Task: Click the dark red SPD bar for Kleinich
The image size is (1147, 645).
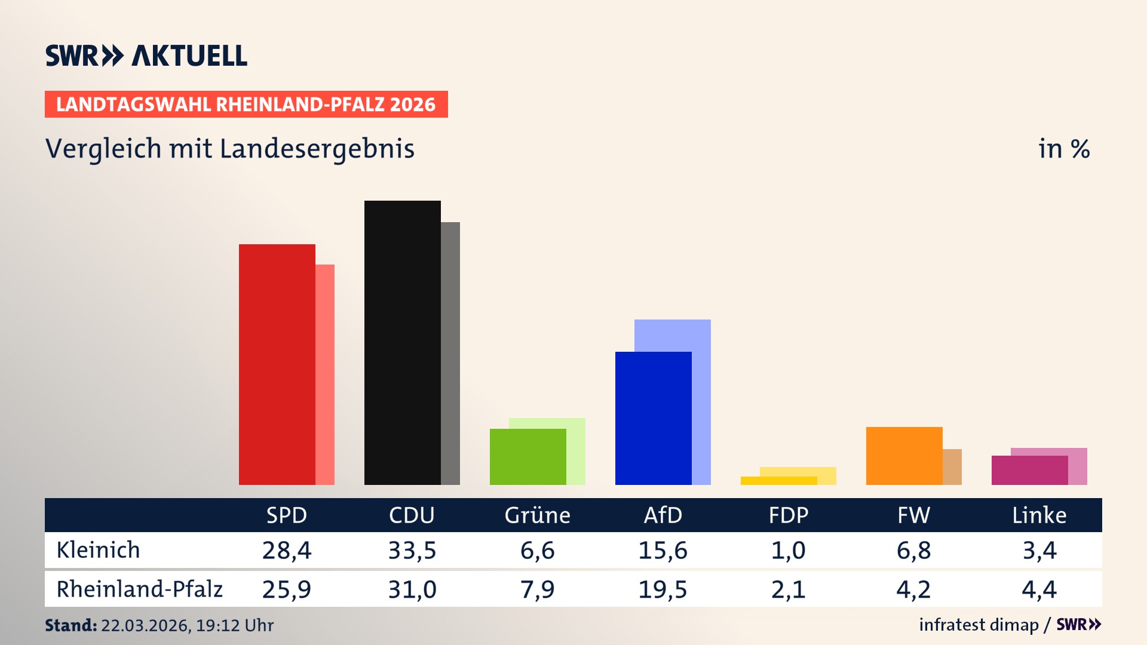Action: pos(277,364)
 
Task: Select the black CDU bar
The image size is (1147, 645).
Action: pos(403,343)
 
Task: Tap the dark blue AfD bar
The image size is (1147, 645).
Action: pos(654,418)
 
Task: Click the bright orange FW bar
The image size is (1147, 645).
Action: pos(904,456)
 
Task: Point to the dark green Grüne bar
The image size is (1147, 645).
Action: pos(528,457)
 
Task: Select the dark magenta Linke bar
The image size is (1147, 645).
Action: pos(1030,471)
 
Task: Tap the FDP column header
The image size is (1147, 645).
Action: pos(789,515)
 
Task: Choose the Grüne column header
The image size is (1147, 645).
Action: pos(538,515)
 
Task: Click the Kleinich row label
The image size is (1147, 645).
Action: pos(99,550)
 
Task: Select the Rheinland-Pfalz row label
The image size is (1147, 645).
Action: pos(140,589)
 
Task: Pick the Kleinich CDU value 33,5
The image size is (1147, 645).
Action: pos(412,550)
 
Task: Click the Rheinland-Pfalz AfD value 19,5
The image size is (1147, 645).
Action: pos(663,589)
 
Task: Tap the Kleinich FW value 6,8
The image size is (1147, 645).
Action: pos(914,550)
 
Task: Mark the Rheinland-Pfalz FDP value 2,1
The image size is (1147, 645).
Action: pos(789,589)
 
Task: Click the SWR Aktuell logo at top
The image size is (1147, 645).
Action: pos(146,56)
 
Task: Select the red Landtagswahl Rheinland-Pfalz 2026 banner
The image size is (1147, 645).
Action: pos(246,105)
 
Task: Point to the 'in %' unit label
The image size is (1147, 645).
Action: pos(1064,149)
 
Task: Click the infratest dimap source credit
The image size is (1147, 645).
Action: pos(979,625)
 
